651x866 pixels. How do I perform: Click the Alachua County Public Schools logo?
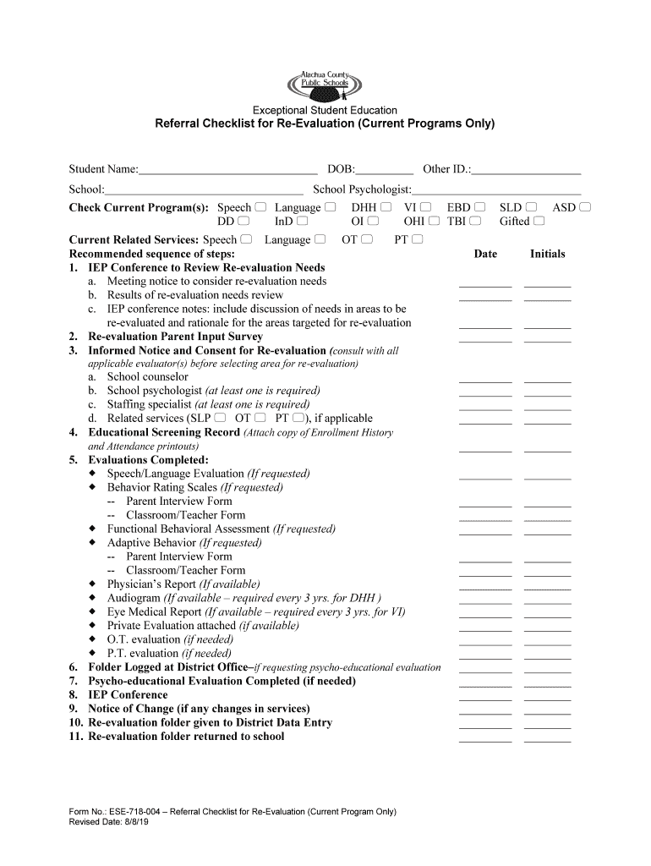click(x=331, y=85)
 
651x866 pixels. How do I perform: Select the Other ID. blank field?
click(x=527, y=170)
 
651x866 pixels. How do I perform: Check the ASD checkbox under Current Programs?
click(x=585, y=207)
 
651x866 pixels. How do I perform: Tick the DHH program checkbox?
click(x=386, y=207)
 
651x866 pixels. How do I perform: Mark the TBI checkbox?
click(x=476, y=222)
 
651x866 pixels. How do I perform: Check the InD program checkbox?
click(x=302, y=222)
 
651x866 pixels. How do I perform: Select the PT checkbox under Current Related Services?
click(x=417, y=240)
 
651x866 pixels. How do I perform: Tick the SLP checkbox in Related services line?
click(x=221, y=418)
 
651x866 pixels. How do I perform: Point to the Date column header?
click(x=485, y=254)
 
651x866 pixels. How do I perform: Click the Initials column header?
click(x=547, y=254)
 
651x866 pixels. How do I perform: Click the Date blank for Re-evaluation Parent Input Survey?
click(x=485, y=340)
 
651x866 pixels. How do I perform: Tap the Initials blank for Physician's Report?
click(x=547, y=589)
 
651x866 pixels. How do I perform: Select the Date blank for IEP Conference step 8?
click(x=485, y=699)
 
